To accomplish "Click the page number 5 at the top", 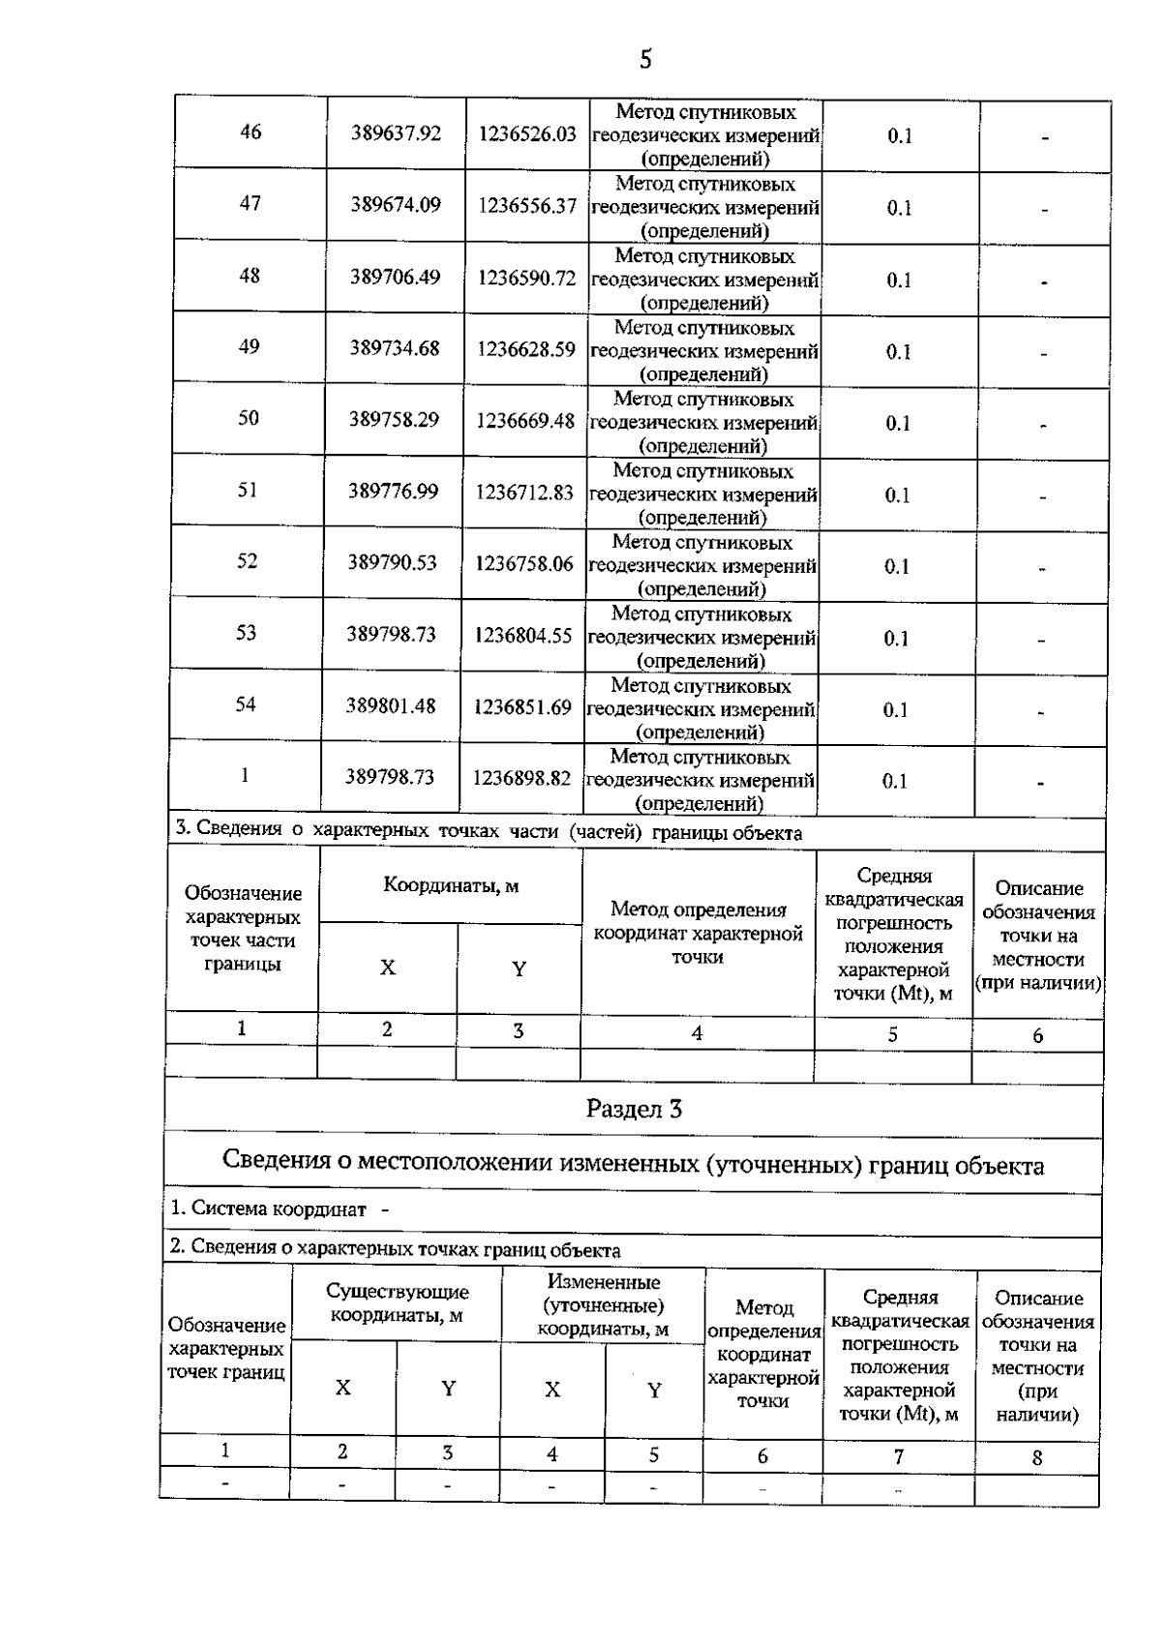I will (x=645, y=60).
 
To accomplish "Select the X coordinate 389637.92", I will (x=396, y=134).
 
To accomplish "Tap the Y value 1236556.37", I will (x=527, y=206).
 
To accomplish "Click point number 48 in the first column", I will (x=250, y=276).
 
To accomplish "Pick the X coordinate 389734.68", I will (x=395, y=348).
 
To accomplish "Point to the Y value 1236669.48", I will (x=525, y=422).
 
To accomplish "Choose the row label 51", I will (x=248, y=490).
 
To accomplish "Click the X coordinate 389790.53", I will (x=393, y=562).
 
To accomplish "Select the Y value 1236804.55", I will (x=523, y=636).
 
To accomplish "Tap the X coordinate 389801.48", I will (x=391, y=706).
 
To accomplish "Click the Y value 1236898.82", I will (x=521, y=778).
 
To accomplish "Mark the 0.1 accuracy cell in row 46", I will (x=900, y=136).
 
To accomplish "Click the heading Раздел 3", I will (x=634, y=1109).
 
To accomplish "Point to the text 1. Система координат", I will (x=269, y=1209).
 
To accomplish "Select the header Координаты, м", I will (x=451, y=885).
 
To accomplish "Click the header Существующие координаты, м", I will (x=397, y=1303).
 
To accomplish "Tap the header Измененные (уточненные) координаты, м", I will (x=603, y=1305).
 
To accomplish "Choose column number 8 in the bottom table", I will (x=1037, y=1457).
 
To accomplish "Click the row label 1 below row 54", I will (x=245, y=775).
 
